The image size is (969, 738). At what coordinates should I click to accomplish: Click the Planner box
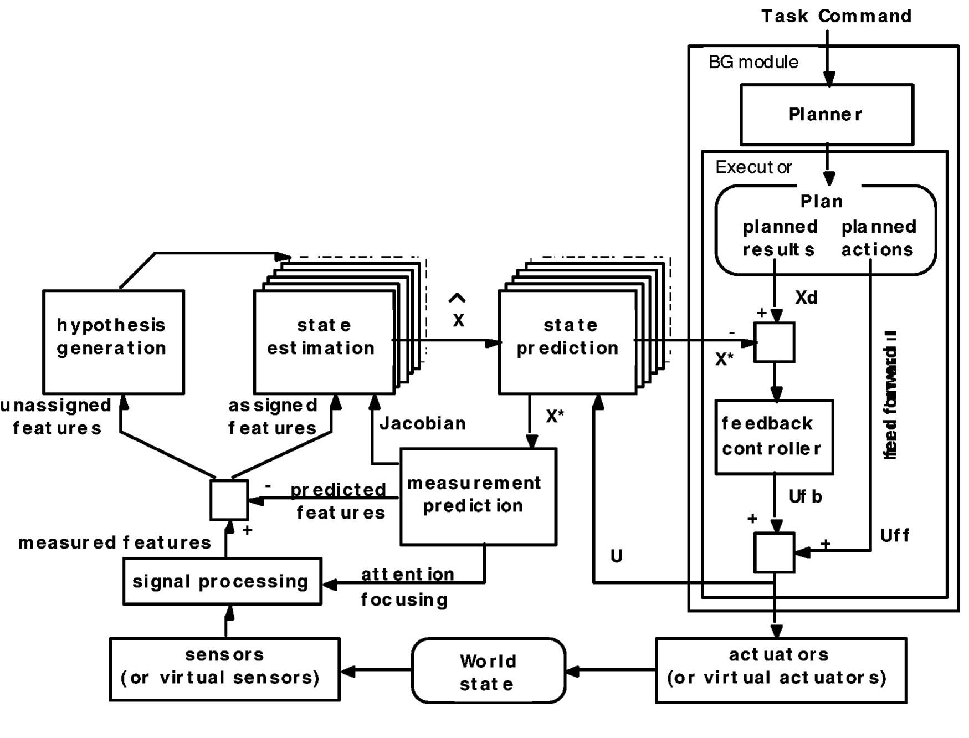826,115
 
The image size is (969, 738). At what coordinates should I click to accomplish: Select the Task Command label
836,16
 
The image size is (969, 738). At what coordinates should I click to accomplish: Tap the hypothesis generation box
113,341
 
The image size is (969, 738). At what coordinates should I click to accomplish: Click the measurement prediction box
478,496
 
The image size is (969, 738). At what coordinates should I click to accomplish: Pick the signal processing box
222,581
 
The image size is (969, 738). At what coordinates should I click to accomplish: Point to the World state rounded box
488,671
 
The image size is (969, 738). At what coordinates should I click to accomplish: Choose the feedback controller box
773,437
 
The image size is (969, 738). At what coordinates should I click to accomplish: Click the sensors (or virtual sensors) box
224,669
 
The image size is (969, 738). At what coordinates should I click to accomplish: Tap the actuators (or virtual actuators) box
780,670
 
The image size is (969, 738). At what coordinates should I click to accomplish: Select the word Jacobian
423,424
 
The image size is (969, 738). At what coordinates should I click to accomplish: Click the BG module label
753,62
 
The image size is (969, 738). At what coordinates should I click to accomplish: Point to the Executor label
753,167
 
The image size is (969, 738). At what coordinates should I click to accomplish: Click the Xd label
806,298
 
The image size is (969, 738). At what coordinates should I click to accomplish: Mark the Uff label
894,535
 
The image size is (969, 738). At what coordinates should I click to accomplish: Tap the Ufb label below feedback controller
805,496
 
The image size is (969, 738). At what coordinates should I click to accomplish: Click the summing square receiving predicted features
229,500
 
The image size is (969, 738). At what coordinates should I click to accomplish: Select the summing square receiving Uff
774,552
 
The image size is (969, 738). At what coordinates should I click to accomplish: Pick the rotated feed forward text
890,394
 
